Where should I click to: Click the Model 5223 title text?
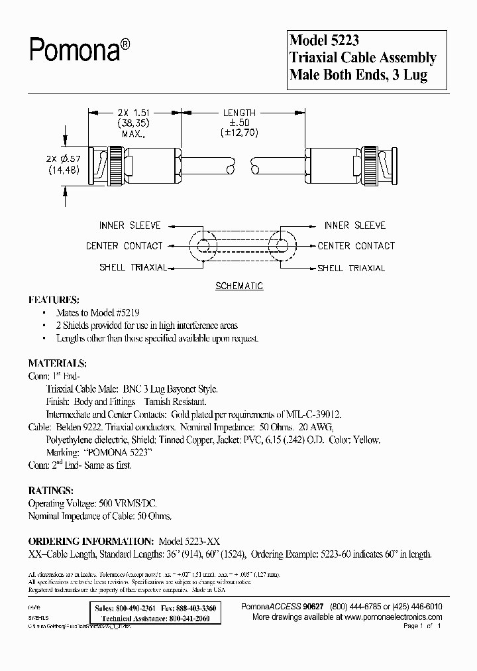click(x=325, y=40)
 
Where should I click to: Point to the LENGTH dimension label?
click(x=240, y=113)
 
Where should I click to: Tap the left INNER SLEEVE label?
click(x=129, y=226)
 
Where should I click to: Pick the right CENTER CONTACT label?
click(x=356, y=246)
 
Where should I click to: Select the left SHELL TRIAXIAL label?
click(x=132, y=268)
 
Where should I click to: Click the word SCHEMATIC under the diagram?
click(x=239, y=286)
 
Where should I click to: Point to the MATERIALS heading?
click(x=56, y=363)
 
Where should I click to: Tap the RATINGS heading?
click(x=50, y=491)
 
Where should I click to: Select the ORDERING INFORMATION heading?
click(x=91, y=542)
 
